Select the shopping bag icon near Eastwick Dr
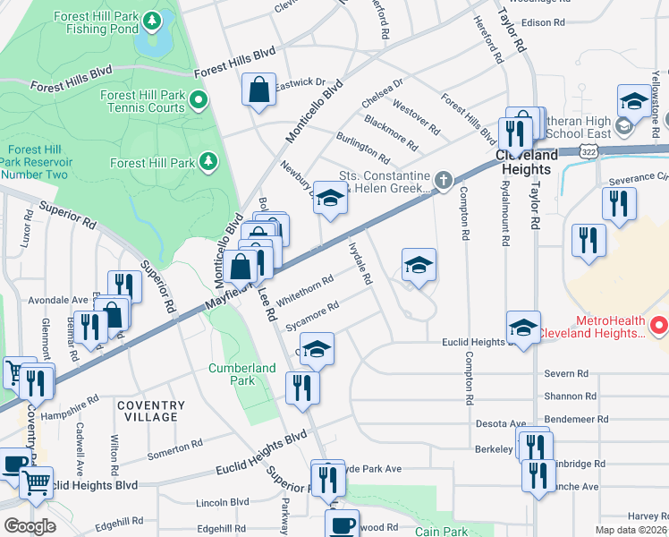[258, 90]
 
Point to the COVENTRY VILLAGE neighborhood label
[151, 412]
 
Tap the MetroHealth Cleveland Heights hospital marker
[658, 323]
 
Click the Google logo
[30, 526]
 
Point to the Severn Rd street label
[568, 372]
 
